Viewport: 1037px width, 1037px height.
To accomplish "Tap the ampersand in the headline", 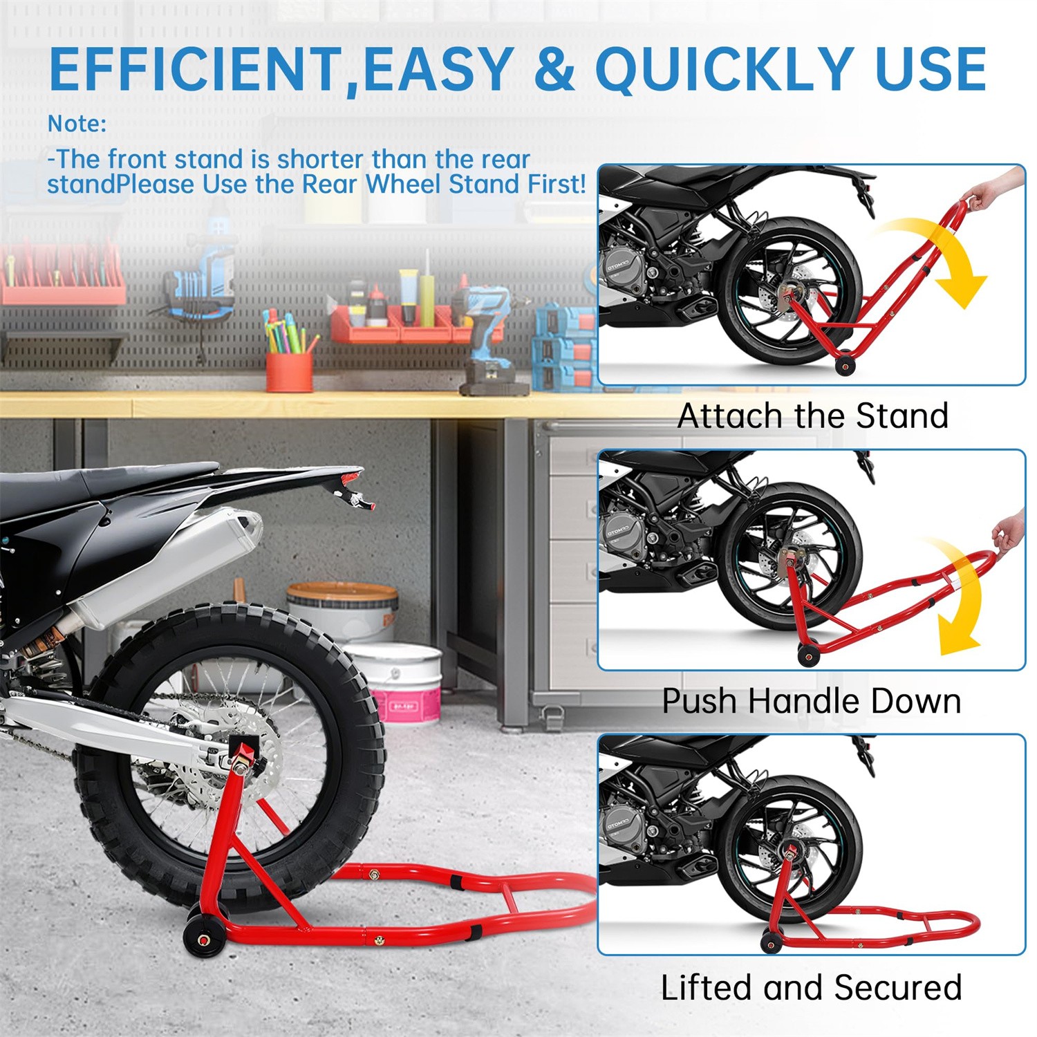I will [x=553, y=69].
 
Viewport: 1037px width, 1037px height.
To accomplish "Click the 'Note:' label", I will [x=77, y=124].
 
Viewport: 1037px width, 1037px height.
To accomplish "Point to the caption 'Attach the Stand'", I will [x=812, y=416].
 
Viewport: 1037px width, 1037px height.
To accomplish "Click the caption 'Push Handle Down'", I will [x=812, y=701].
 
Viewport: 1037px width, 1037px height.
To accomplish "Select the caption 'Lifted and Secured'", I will [x=812, y=987].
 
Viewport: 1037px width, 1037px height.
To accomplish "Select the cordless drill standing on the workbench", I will [x=491, y=339].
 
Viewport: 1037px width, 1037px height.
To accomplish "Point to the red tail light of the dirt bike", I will [x=353, y=477].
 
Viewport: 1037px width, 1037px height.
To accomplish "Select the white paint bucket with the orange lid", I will [x=344, y=608].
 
